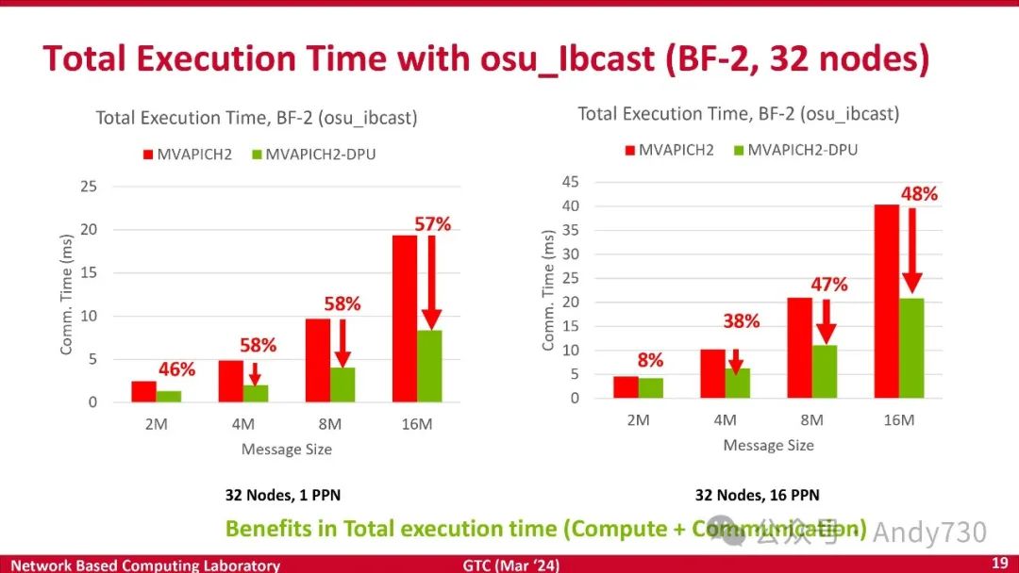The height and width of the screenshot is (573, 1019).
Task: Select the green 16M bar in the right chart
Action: [912, 349]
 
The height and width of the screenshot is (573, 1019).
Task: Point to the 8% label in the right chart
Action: [650, 360]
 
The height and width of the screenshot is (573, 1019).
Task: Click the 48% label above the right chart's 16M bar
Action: [918, 194]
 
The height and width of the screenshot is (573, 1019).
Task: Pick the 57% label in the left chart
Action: [432, 224]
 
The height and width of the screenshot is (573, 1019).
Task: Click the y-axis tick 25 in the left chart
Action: [88, 187]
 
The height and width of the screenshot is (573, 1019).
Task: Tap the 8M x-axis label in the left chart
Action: [330, 424]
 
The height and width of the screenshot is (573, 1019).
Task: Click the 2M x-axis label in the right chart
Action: [638, 419]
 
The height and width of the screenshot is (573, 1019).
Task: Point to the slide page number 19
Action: [999, 563]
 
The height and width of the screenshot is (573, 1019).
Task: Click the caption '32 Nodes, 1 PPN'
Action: [282, 495]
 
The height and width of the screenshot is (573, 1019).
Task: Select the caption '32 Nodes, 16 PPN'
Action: [758, 495]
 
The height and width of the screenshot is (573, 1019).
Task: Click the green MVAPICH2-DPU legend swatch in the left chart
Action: [257, 154]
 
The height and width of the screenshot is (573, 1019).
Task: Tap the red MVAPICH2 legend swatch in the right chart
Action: [628, 149]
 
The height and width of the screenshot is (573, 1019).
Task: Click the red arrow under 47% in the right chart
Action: [826, 321]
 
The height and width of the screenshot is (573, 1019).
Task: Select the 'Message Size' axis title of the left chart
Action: [287, 450]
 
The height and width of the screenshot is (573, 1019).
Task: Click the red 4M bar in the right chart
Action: [712, 373]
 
